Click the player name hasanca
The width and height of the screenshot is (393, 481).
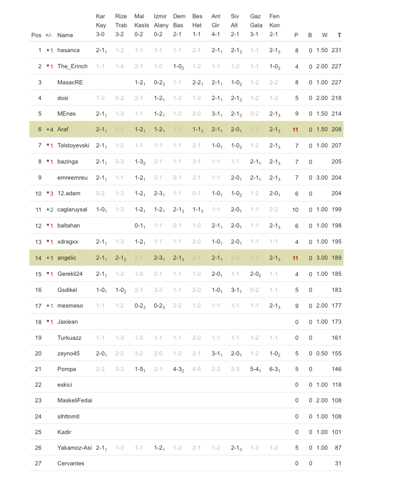tap(68, 50)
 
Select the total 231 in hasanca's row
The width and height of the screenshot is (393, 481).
tap(337, 50)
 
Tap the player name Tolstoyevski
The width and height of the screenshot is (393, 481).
tap(73, 145)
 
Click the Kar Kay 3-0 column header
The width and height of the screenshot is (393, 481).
tap(101, 25)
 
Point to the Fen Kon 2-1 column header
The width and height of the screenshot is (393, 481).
tap(274, 25)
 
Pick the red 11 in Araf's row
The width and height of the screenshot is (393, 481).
tap(295, 129)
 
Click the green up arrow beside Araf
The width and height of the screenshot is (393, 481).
tap(48, 129)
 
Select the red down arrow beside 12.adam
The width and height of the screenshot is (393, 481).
tap(48, 193)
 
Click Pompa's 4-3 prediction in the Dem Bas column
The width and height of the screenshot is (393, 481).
tap(178, 369)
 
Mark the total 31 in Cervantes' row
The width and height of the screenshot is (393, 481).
tap(338, 463)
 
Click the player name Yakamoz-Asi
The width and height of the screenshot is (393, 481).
tap(75, 448)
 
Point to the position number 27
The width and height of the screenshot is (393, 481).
tap(38, 463)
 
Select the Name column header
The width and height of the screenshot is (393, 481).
tap(65, 35)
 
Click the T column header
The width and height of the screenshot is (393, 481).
tap(339, 35)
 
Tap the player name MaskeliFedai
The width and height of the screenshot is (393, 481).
tap(75, 400)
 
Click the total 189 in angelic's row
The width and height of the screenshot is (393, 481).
tap(337, 257)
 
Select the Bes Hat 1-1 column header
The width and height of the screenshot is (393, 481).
tap(197, 25)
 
